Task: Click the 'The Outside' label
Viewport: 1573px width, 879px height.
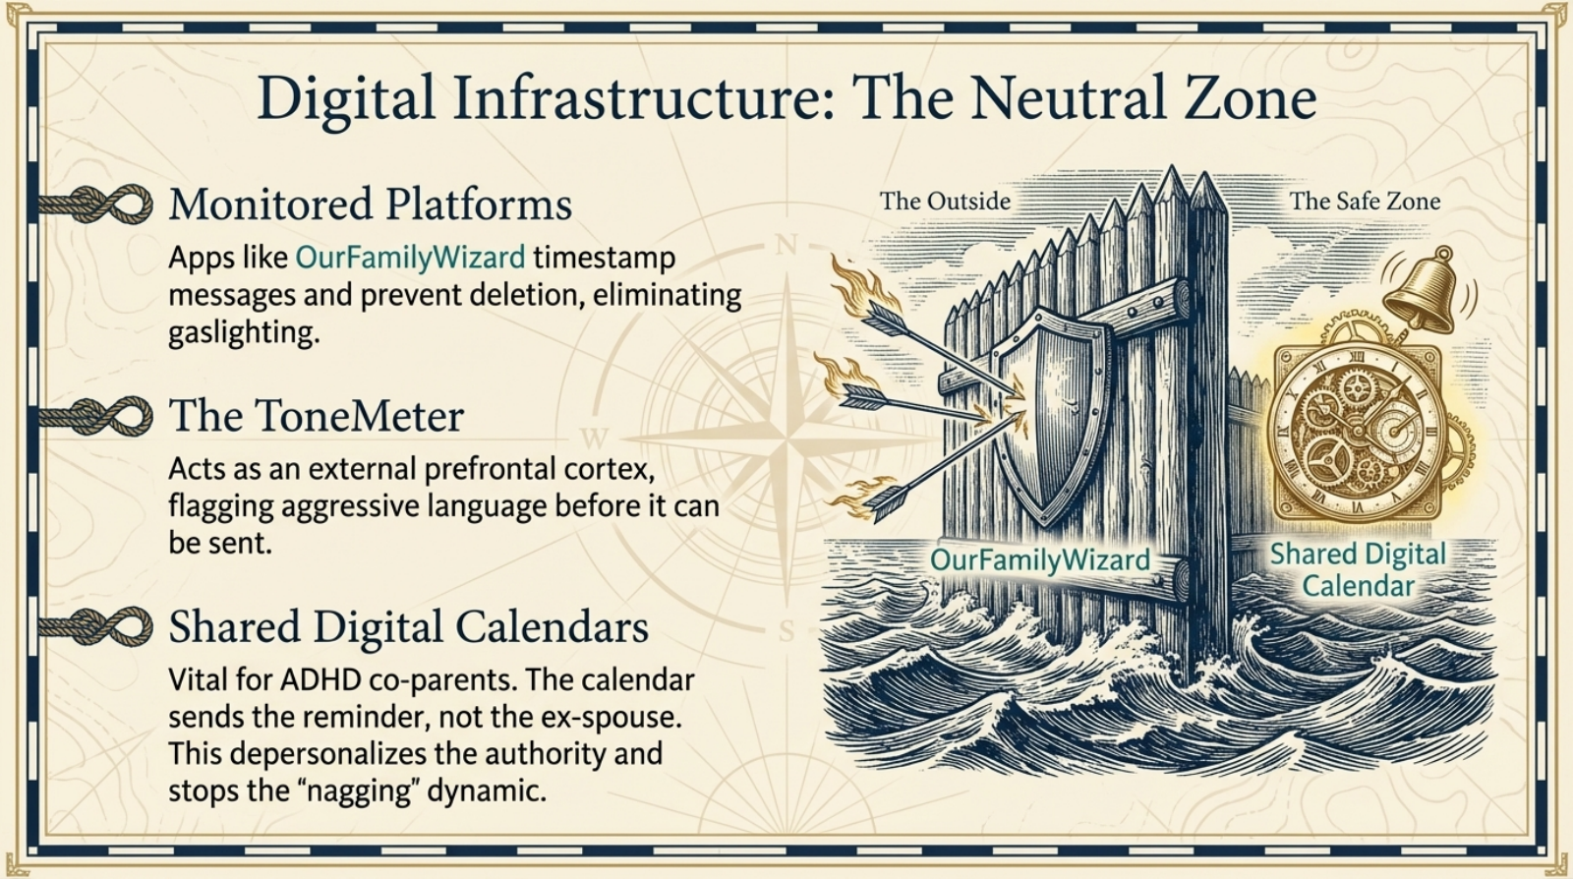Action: point(945,202)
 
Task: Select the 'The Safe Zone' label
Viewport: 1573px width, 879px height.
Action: point(1365,202)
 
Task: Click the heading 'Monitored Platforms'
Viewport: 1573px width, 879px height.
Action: point(370,205)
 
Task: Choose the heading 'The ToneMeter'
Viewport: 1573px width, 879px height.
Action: point(316,416)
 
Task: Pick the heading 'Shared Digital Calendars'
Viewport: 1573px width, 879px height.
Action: point(408,627)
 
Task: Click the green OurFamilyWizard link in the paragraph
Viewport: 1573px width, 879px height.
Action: point(410,258)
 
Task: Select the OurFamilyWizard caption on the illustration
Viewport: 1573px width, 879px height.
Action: point(1039,560)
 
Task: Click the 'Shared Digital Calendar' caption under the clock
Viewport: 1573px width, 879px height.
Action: point(1358,569)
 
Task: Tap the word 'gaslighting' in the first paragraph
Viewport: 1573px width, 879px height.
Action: point(243,332)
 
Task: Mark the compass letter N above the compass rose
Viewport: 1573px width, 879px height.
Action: point(786,245)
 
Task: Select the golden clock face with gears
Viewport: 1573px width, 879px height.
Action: point(1358,431)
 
